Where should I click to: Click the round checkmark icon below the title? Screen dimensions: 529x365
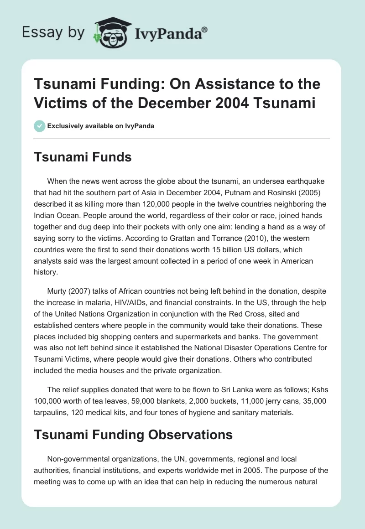pyautogui.click(x=40, y=126)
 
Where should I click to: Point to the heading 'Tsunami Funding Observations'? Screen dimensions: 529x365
pyautogui.click(x=134, y=435)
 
